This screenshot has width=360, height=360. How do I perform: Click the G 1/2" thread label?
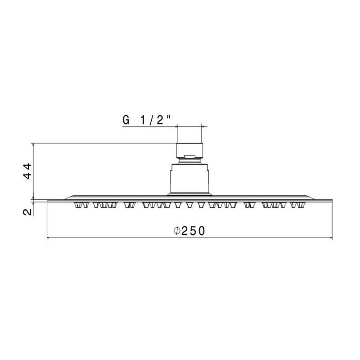click(147, 120)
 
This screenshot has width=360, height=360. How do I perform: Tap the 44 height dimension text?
click(27, 171)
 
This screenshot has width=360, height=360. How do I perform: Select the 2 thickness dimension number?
click(27, 211)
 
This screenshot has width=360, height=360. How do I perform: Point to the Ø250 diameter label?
click(189, 231)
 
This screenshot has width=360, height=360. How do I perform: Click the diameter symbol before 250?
click(176, 231)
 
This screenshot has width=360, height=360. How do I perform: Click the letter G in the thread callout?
click(126, 120)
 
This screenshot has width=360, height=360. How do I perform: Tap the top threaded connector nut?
click(189, 151)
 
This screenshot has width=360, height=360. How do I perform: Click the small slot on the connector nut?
click(189, 157)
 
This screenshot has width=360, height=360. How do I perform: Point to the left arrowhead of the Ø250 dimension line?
click(48, 238)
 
